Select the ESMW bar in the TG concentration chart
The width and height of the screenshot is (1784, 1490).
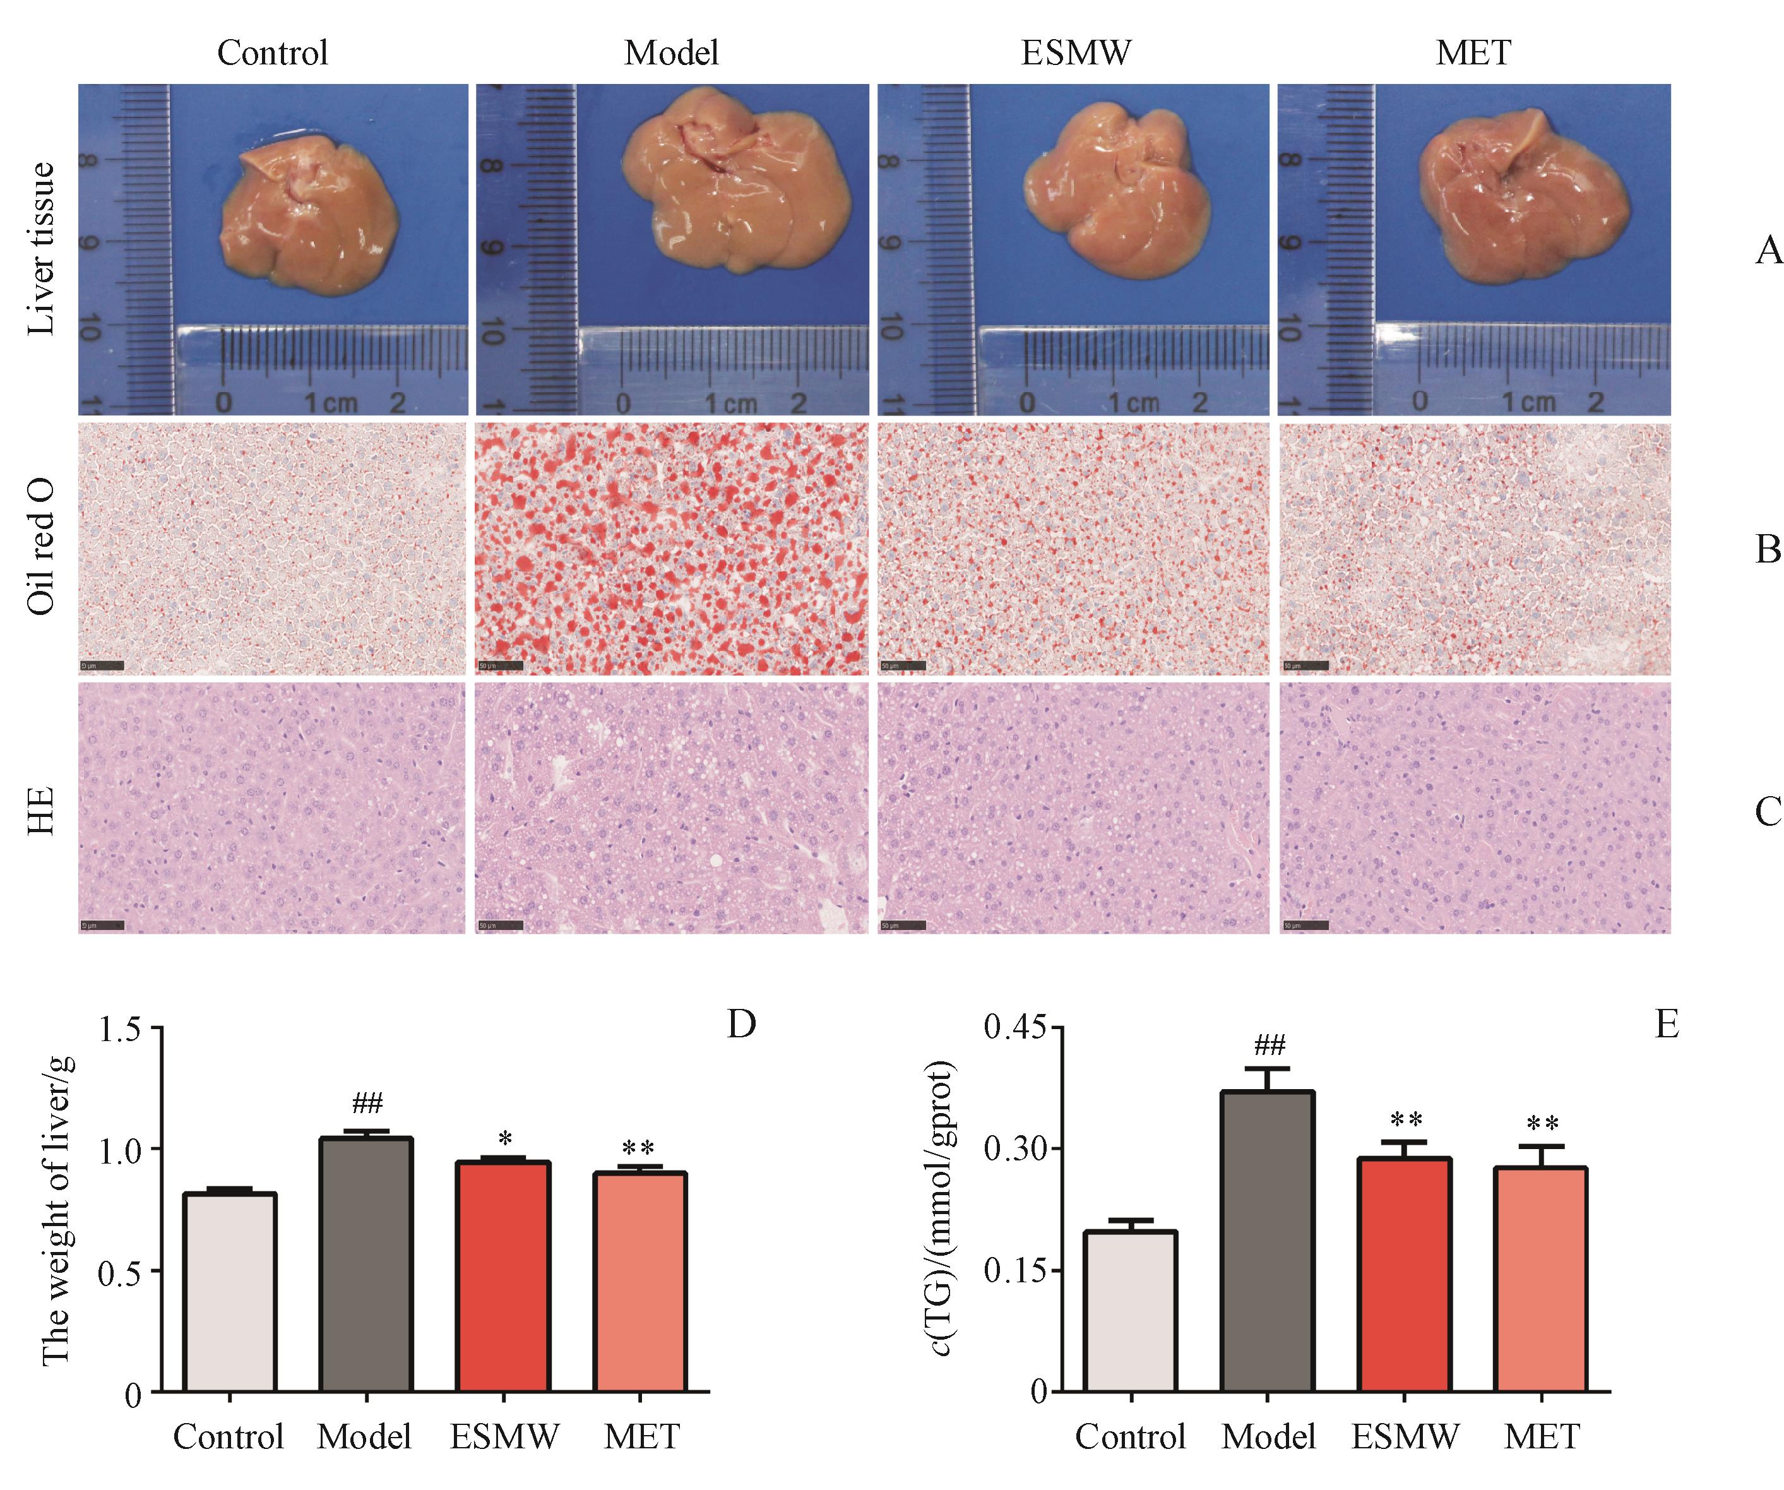(1404, 1274)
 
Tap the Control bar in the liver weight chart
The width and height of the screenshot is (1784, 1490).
(229, 1291)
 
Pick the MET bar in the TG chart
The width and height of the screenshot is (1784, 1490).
(1541, 1278)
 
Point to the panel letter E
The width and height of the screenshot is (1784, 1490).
(1667, 1025)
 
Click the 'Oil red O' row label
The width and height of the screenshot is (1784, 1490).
(41, 547)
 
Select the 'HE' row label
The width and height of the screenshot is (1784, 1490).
(41, 809)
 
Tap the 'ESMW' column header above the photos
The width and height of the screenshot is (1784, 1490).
(1076, 52)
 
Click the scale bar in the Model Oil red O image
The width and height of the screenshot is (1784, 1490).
(499, 665)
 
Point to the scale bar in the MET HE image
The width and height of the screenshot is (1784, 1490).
(1304, 924)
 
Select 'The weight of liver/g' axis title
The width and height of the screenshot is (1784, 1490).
(57, 1210)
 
